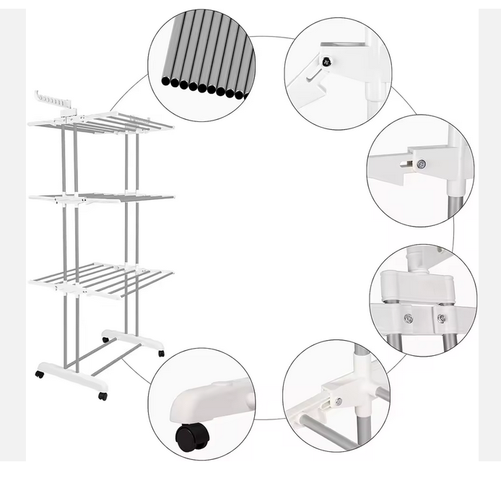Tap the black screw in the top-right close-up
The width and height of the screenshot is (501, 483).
(x=326, y=62)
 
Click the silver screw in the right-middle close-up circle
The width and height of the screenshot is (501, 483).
(x=422, y=164)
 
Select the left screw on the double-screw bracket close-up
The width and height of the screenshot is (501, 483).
(x=408, y=318)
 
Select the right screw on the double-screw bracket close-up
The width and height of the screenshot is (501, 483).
(x=441, y=318)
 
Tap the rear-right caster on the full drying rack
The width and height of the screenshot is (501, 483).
(x=161, y=353)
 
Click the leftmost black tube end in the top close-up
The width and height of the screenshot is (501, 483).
(x=166, y=81)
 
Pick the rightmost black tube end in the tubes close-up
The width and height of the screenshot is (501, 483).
(x=240, y=95)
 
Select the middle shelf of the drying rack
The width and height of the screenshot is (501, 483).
(x=101, y=197)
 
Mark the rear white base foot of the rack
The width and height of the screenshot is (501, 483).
(x=134, y=339)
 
